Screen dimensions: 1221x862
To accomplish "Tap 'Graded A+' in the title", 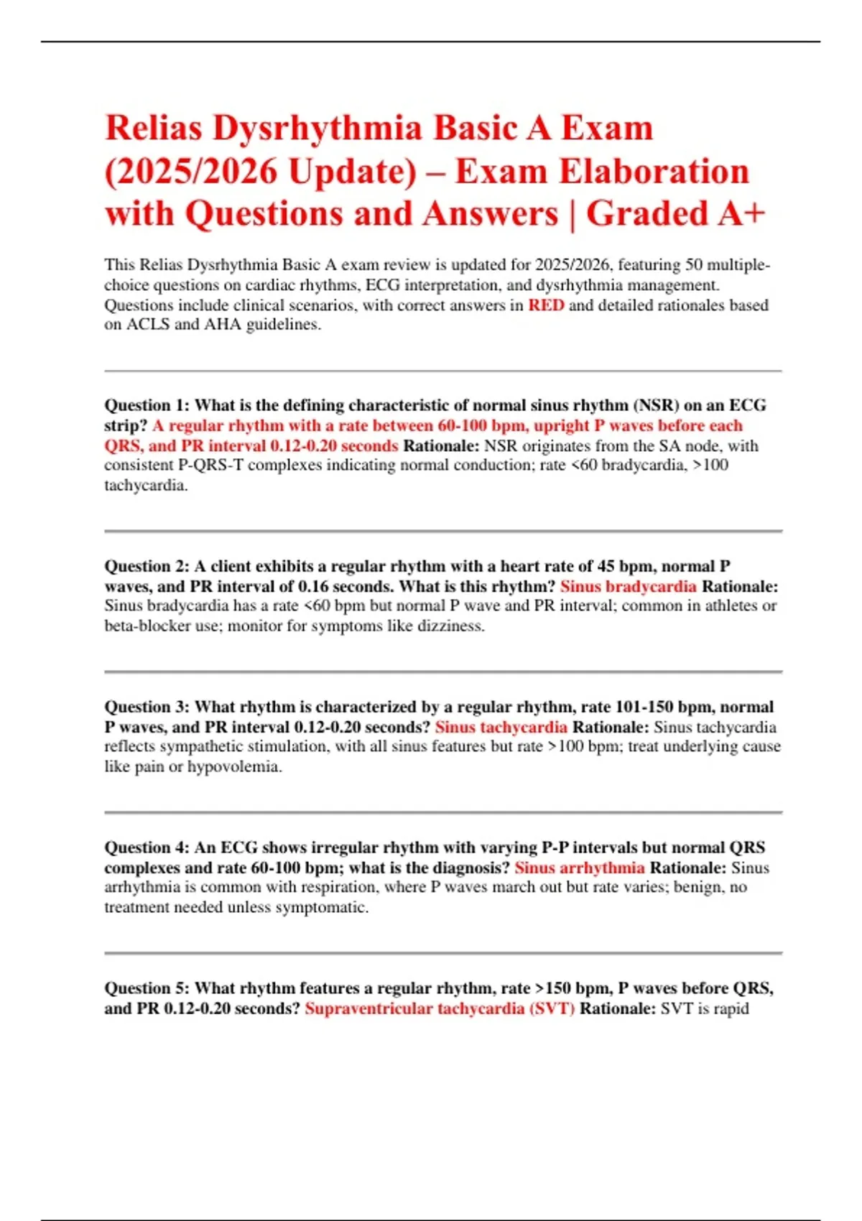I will tap(676, 214).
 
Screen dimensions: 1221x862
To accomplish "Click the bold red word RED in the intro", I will tap(546, 305).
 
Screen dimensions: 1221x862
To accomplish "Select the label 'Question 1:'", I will tap(147, 405).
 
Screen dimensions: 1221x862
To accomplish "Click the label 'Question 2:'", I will tap(147, 566).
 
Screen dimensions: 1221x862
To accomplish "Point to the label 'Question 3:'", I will tap(147, 707).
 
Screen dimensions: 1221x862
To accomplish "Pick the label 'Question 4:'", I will tap(147, 848).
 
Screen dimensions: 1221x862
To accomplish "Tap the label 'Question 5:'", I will tap(147, 988).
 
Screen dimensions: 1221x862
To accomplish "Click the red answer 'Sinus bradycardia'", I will tap(628, 586).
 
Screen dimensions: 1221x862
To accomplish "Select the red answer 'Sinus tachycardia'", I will tap(501, 727).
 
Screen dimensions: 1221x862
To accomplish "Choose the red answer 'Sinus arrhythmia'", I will tap(579, 868).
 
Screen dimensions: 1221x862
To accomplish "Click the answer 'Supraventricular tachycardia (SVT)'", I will tap(440, 1008).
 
